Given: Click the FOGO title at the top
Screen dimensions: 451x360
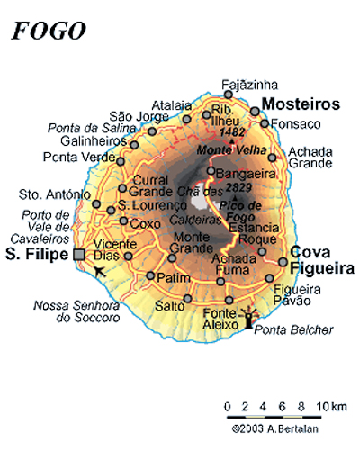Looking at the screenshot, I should coord(49,32).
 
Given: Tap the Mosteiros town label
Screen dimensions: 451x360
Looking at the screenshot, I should coord(301,104).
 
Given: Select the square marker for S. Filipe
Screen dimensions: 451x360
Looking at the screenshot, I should coord(79,255).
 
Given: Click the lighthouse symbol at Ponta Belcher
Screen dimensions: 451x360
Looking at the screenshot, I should coord(251,319).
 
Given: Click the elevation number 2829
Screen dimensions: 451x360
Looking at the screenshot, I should coord(238,186).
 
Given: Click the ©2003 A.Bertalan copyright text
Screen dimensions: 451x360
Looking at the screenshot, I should coord(280,430).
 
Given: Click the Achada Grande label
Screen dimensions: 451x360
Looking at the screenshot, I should coord(310,158).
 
